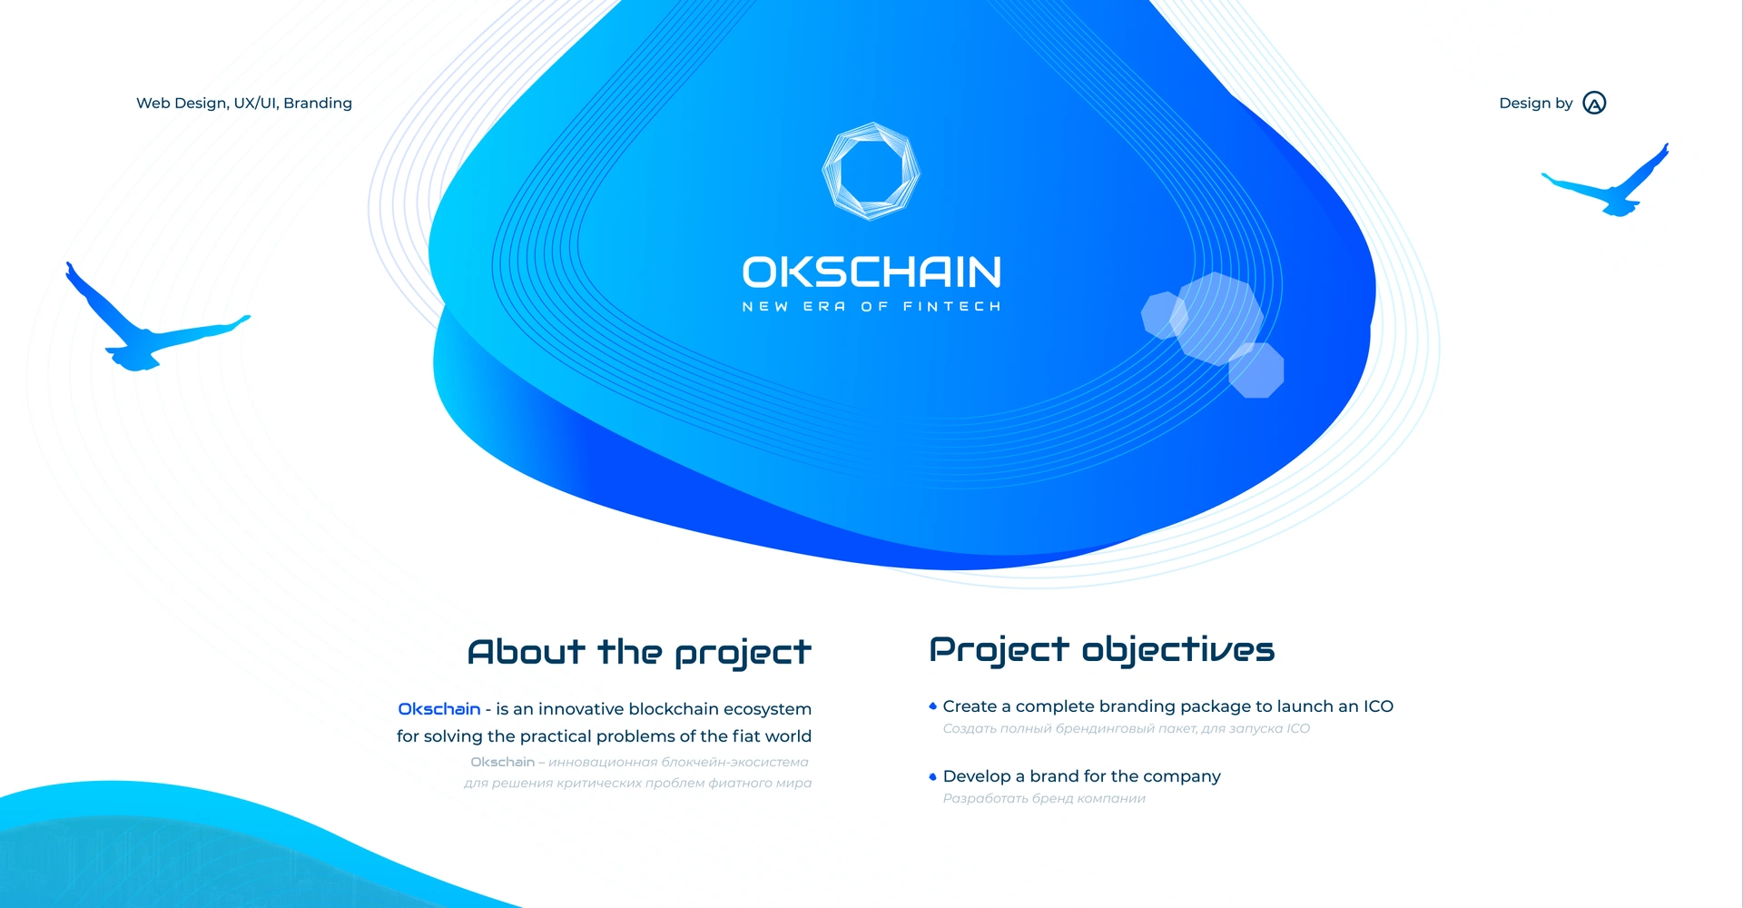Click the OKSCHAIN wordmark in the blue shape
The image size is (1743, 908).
pos(871,272)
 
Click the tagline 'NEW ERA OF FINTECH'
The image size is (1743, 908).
pos(871,307)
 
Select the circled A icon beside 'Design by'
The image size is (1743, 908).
pos(1594,103)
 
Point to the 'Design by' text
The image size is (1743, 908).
pos(1536,104)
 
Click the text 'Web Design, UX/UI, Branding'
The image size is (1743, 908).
pos(244,104)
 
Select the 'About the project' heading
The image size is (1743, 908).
pos(639,653)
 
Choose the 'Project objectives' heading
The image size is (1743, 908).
pos(1102,650)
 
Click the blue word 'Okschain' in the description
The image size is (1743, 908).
pos(439,709)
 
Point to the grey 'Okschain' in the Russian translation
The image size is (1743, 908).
pos(502,762)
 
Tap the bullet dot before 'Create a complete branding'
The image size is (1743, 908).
pos(932,706)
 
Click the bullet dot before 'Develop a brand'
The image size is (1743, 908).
pos(932,776)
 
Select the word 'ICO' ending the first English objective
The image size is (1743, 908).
pos(1378,706)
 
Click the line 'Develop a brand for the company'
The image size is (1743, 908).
pos(1082,776)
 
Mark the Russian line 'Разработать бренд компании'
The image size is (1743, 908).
pos(1044,799)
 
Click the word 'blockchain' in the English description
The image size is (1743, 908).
pos(673,709)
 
